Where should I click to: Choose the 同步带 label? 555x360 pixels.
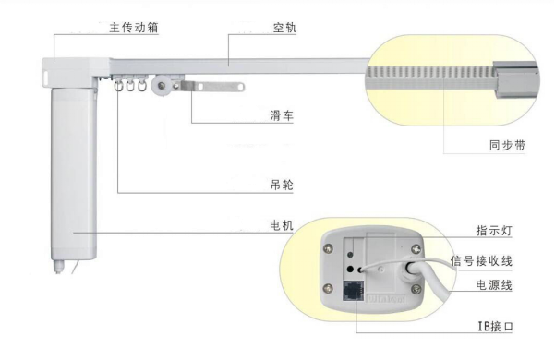coord(506,145)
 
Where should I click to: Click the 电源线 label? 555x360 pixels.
coord(494,285)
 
